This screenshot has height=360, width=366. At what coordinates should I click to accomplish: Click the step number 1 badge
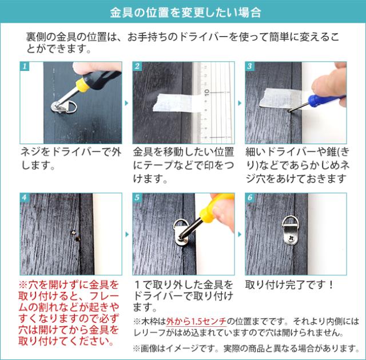tap(25, 66)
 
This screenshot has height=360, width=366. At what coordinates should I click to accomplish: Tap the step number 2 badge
tap(137, 66)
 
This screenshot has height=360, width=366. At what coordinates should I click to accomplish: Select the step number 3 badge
tap(250, 66)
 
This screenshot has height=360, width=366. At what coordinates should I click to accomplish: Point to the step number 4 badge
tap(25, 197)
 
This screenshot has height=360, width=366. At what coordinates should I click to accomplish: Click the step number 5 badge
tap(137, 197)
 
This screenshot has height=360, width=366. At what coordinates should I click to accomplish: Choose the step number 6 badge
tap(250, 197)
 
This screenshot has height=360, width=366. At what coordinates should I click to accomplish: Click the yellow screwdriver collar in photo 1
tap(82, 85)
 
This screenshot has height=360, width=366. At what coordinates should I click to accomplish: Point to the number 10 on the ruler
tap(207, 92)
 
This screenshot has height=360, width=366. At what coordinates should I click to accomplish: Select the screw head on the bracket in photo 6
tap(291, 239)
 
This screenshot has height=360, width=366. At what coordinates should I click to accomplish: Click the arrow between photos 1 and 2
tap(127, 103)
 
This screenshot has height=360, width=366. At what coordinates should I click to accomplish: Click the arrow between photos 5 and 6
tap(240, 234)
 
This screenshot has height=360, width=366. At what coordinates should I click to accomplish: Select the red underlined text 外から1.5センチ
tap(196, 322)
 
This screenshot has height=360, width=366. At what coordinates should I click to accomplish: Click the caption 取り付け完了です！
tap(289, 284)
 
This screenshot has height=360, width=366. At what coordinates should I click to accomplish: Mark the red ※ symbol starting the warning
tap(23, 285)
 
